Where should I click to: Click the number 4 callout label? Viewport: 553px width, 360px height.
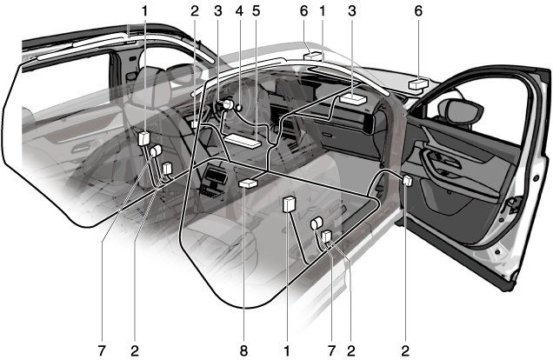pos(237,11)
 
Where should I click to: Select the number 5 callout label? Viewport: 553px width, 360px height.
pos(257,11)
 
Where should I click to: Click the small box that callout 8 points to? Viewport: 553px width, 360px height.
pos(249,184)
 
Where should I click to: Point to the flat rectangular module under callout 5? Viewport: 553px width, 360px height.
pos(243,138)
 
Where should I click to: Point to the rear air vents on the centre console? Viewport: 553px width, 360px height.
pos(211,184)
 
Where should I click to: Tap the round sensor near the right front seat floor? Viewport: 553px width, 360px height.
pos(317,224)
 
